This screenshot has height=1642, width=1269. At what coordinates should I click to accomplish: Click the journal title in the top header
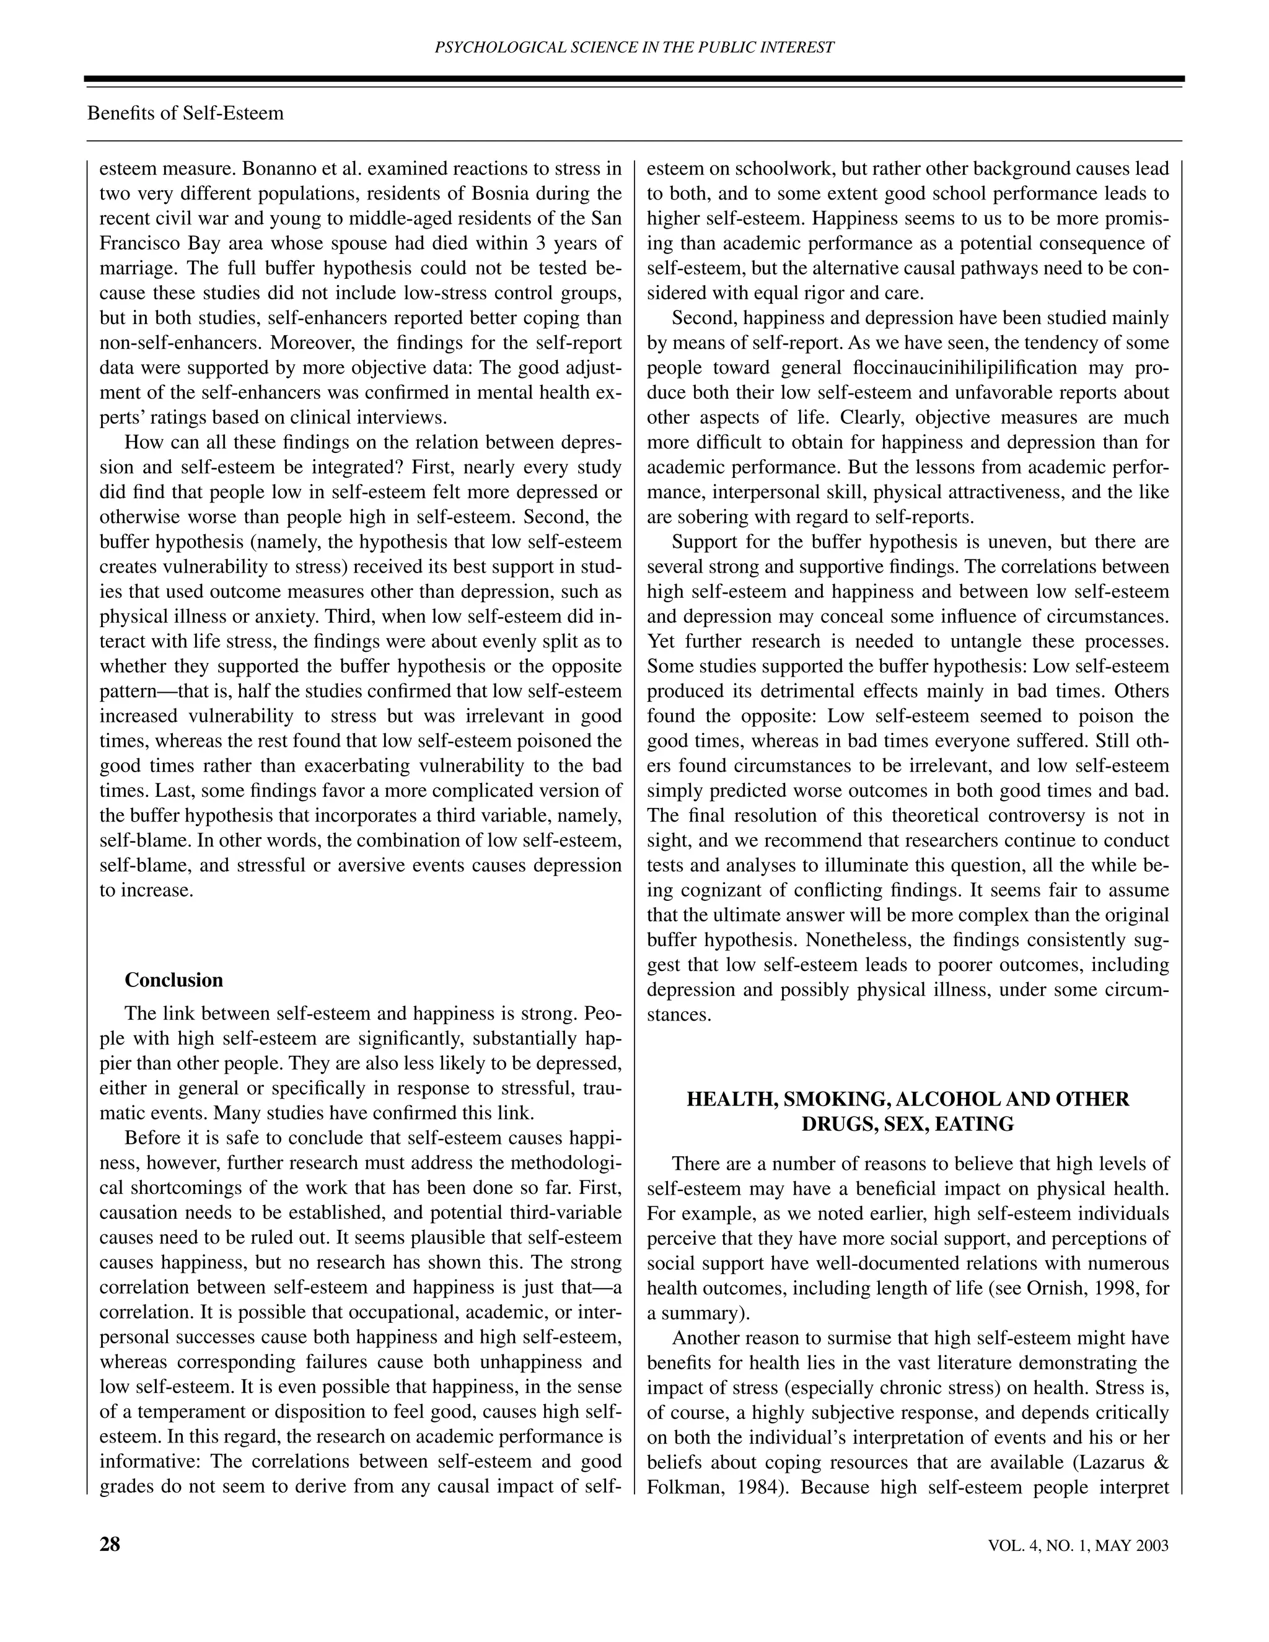(634, 47)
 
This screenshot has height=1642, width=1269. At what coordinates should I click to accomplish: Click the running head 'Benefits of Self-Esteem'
(186, 113)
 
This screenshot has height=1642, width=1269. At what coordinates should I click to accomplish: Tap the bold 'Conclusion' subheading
(173, 980)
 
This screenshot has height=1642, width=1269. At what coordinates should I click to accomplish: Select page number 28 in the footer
(110, 1544)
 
